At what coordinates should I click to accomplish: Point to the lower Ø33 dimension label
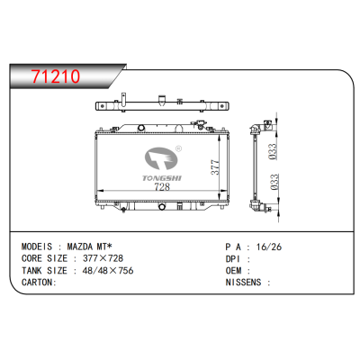(273, 186)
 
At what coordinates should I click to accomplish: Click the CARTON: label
(39, 281)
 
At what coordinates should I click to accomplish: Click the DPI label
(230, 256)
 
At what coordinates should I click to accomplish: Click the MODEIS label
(39, 245)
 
